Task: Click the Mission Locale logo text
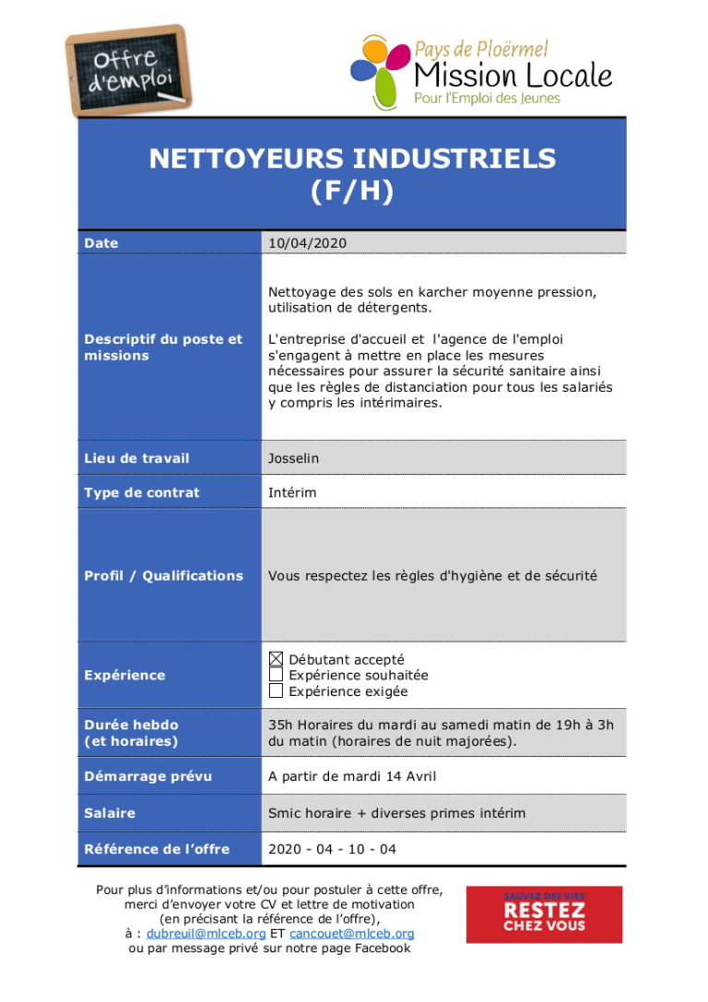point(513,75)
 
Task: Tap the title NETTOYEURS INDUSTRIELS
point(352,159)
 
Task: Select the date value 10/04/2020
point(307,243)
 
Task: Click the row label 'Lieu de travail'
point(136,458)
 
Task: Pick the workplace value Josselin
point(294,458)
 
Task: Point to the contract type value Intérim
point(292,492)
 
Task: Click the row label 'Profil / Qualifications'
point(163,575)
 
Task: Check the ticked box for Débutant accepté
point(276,659)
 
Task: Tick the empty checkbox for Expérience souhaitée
point(276,675)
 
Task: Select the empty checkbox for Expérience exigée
point(276,690)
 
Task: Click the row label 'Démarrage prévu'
point(147,776)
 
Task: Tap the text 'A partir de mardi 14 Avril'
point(352,776)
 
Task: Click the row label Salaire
point(110,813)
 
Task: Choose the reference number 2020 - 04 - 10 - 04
point(332,849)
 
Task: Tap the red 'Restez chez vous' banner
point(544,914)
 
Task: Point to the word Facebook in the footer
point(379,949)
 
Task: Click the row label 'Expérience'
point(124,675)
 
